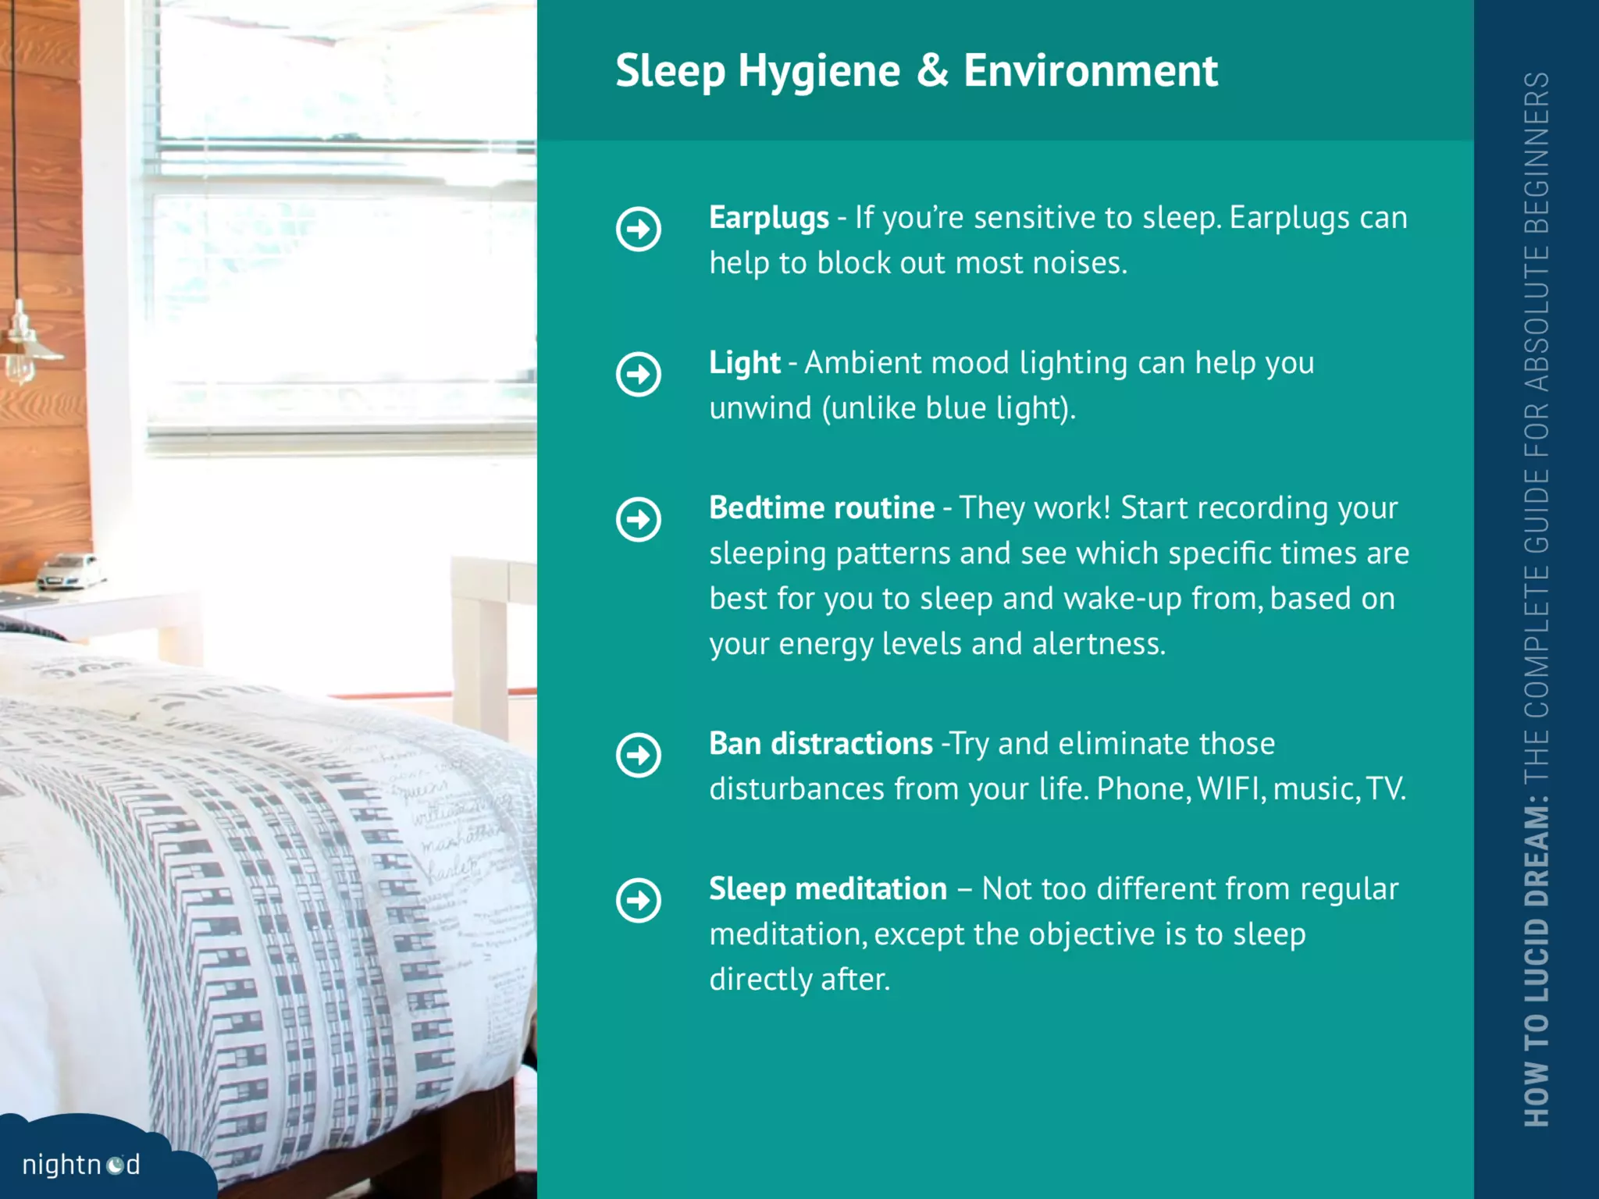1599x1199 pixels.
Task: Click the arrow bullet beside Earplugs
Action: point(639,229)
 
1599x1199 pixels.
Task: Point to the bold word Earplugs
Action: point(768,219)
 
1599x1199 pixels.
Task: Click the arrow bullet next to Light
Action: point(639,375)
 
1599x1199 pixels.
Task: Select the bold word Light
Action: point(744,364)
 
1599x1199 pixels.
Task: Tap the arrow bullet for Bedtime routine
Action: point(639,520)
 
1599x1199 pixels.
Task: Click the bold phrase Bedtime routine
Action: point(821,508)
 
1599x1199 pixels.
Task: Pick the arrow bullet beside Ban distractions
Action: point(639,756)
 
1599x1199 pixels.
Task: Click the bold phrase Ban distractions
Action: point(821,744)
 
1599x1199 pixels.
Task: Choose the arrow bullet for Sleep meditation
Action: point(639,901)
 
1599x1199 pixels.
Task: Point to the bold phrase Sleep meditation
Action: point(828,889)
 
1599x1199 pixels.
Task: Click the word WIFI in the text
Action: point(1230,789)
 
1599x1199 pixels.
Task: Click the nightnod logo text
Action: point(81,1165)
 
